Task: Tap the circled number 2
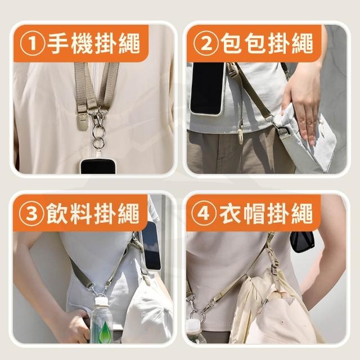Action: pos(206,43)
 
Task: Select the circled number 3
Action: pos(31,213)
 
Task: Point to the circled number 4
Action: pos(204,213)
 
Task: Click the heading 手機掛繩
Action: pos(94,43)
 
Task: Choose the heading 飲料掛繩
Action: pos(93,214)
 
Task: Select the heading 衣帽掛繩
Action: pos(266,214)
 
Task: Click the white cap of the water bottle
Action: pos(101,301)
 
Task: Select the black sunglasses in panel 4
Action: pos(301,241)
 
